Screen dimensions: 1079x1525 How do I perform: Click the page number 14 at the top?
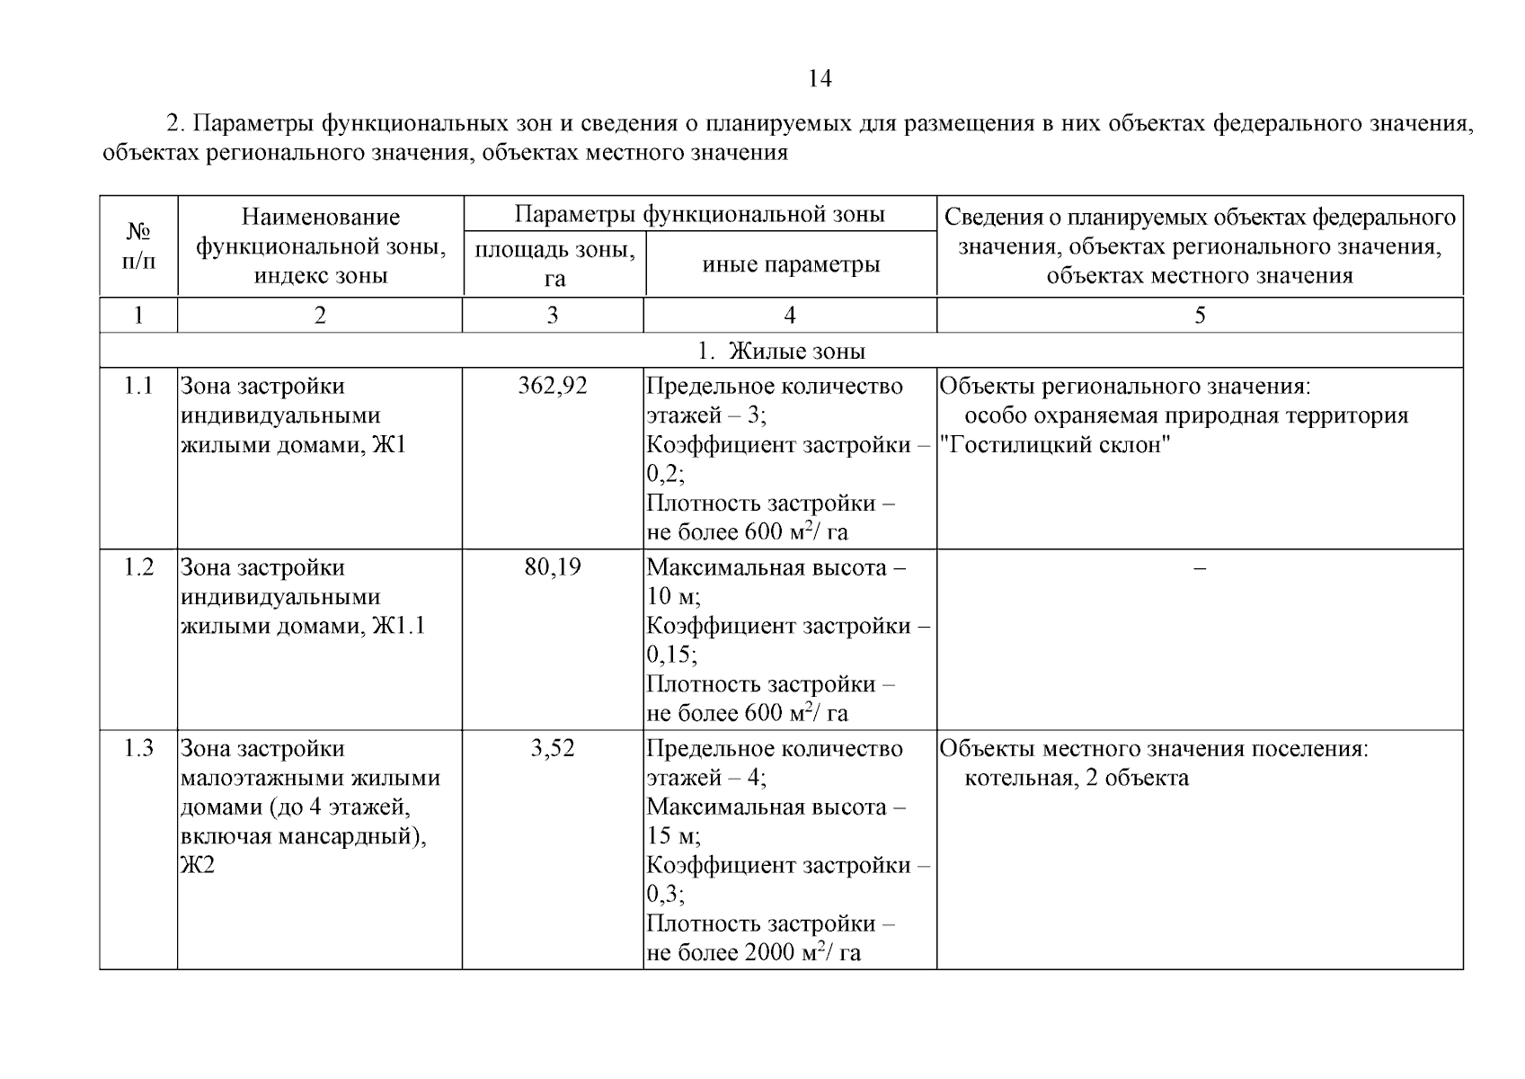(x=820, y=79)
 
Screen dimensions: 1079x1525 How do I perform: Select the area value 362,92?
(x=552, y=387)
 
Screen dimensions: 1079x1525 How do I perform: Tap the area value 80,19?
(x=552, y=567)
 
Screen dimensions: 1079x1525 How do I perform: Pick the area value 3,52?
(x=552, y=748)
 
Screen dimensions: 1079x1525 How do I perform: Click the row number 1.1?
(x=138, y=387)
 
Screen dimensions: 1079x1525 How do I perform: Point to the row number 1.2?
(x=138, y=567)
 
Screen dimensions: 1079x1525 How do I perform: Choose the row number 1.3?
(x=138, y=748)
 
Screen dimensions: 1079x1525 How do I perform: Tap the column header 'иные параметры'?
(x=790, y=264)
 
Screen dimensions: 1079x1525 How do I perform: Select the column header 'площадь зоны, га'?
(x=554, y=263)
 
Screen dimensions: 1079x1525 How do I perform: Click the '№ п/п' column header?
(x=138, y=246)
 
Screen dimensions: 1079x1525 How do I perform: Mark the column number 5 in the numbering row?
(x=1199, y=315)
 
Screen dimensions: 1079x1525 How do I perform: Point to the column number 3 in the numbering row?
(x=552, y=315)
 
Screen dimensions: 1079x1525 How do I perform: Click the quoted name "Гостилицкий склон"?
(x=1054, y=445)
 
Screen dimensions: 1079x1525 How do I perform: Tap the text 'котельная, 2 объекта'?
(x=1076, y=778)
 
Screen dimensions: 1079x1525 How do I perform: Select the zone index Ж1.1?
(x=398, y=626)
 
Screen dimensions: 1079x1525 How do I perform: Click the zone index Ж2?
(x=198, y=866)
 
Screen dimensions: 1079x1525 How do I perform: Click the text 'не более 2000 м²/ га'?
(x=753, y=953)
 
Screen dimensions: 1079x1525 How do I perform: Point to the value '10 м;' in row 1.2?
(x=673, y=597)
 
